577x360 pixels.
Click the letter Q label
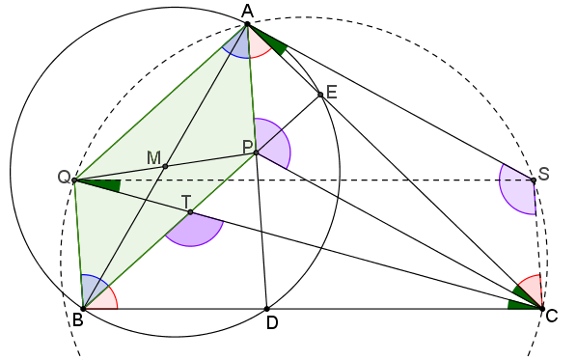click(64, 177)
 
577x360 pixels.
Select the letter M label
click(153, 156)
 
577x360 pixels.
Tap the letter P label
click(247, 146)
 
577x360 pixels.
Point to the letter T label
click(186, 201)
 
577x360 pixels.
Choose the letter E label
click(331, 92)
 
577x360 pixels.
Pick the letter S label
click(543, 174)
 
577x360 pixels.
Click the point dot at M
click(165, 166)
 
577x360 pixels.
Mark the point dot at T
click(190, 211)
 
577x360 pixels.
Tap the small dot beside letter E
click(320, 94)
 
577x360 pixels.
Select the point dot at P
click(256, 152)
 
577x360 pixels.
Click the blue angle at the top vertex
click(235, 45)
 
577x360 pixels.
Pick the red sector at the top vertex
click(258, 44)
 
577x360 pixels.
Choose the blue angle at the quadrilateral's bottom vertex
click(92, 288)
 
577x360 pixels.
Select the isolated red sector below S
click(532, 287)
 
